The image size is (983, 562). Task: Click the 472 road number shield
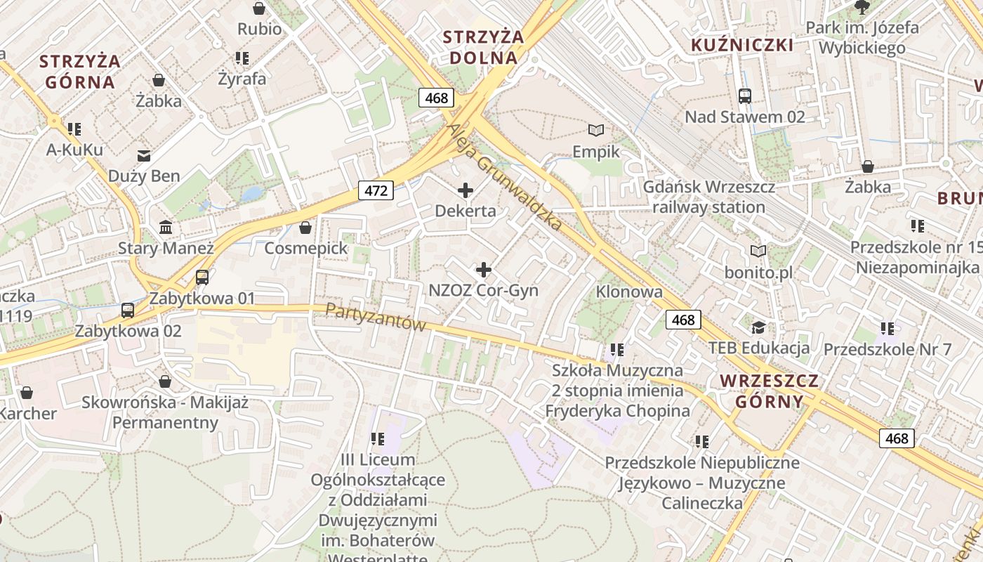[x=376, y=190]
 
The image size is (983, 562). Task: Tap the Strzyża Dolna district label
[x=484, y=47]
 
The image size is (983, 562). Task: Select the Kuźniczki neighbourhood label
[x=742, y=46]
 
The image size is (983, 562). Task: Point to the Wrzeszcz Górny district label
[x=770, y=391]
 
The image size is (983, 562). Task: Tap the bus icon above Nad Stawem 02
[x=745, y=96]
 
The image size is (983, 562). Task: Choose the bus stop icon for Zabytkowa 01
[x=202, y=277]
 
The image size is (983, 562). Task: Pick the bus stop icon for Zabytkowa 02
[x=128, y=310]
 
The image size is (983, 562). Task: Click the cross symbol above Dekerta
[x=465, y=190]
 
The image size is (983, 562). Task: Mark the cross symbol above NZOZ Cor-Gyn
[x=483, y=269]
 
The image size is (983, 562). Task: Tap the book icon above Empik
[x=596, y=131]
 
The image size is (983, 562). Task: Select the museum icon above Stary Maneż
[x=166, y=227]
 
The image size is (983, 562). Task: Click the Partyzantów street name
[x=376, y=317]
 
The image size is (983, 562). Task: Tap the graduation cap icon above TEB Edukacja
[x=758, y=327]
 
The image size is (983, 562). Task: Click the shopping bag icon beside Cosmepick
[x=305, y=228]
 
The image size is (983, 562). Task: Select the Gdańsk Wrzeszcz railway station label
[x=708, y=197]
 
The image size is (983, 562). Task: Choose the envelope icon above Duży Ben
[x=144, y=155]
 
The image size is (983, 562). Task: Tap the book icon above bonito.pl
[x=758, y=251]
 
